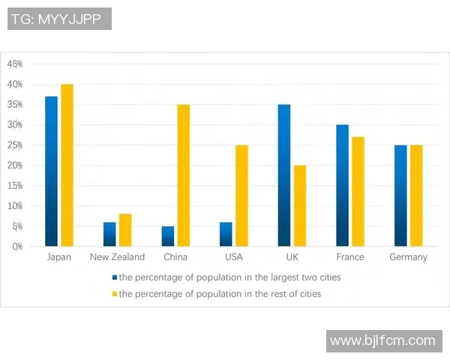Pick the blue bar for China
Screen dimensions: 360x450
pyautogui.click(x=167, y=236)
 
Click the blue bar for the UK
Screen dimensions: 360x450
pyautogui.click(x=283, y=175)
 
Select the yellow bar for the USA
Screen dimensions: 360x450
pyautogui.click(x=241, y=195)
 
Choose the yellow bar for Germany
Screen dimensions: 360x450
pyautogui.click(x=416, y=195)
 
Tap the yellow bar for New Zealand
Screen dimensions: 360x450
pyautogui.click(x=124, y=230)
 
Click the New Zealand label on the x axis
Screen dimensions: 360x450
pyautogui.click(x=117, y=257)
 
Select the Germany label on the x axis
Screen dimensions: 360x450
pyautogui.click(x=408, y=257)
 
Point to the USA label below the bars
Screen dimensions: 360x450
pyautogui.click(x=233, y=257)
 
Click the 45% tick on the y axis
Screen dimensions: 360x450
pyautogui.click(x=15, y=64)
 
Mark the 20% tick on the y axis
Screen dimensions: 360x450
pyautogui.click(x=15, y=165)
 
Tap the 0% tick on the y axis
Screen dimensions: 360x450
pyautogui.click(x=16, y=246)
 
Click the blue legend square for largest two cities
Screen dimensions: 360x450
pyautogui.click(x=115, y=277)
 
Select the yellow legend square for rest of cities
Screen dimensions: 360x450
pyautogui.click(x=115, y=294)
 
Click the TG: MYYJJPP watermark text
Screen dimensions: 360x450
pyautogui.click(x=59, y=19)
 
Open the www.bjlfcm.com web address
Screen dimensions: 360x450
pyautogui.click(x=382, y=340)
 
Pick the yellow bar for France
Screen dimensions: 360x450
pyautogui.click(x=358, y=191)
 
